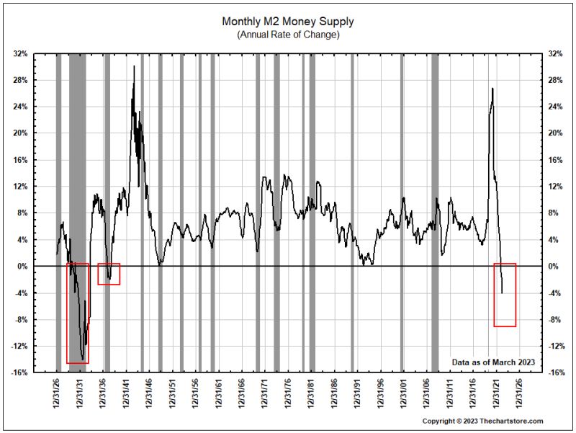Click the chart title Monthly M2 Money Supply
[x=288, y=22]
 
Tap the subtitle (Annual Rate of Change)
[x=288, y=35]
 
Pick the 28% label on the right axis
[x=555, y=81]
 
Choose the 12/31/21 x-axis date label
[x=496, y=393]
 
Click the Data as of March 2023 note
[x=493, y=362]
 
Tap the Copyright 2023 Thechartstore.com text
[x=482, y=421]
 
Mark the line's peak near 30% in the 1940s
[x=134, y=67]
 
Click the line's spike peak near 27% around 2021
[x=492, y=89]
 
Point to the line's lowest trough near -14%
[x=83, y=358]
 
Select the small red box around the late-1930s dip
[x=109, y=274]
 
